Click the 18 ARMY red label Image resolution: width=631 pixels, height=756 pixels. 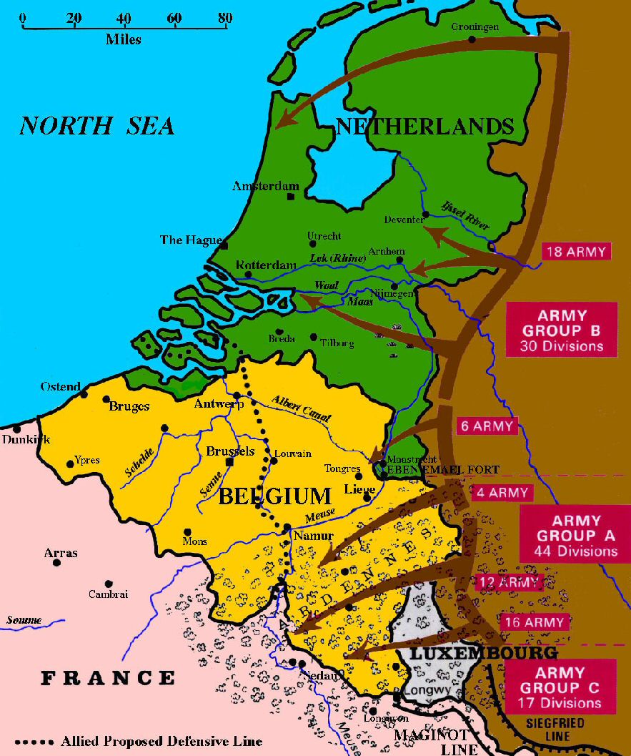coord(576,252)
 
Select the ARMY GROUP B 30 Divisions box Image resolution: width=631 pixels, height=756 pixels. coord(561,331)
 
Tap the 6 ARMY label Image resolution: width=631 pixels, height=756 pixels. coord(486,426)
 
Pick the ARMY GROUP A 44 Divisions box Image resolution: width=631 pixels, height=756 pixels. coord(575,536)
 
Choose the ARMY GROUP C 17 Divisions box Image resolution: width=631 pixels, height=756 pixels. coord(560,687)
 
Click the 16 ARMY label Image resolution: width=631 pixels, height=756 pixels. coord(534,622)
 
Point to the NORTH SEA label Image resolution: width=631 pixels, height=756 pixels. coord(96,126)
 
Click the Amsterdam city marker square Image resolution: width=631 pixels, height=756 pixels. coord(291,197)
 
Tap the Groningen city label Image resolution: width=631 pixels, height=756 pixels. coord(475,26)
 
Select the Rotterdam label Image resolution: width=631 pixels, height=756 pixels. coord(266,265)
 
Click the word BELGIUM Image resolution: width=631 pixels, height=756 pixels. coord(274,496)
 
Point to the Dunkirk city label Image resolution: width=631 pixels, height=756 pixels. coord(26,439)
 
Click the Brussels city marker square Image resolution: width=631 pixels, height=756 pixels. coord(229,462)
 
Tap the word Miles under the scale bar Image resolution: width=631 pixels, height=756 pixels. coord(124,39)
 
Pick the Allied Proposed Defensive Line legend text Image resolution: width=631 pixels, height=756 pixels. coord(162,741)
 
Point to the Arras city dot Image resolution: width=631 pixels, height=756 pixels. coord(56,563)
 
